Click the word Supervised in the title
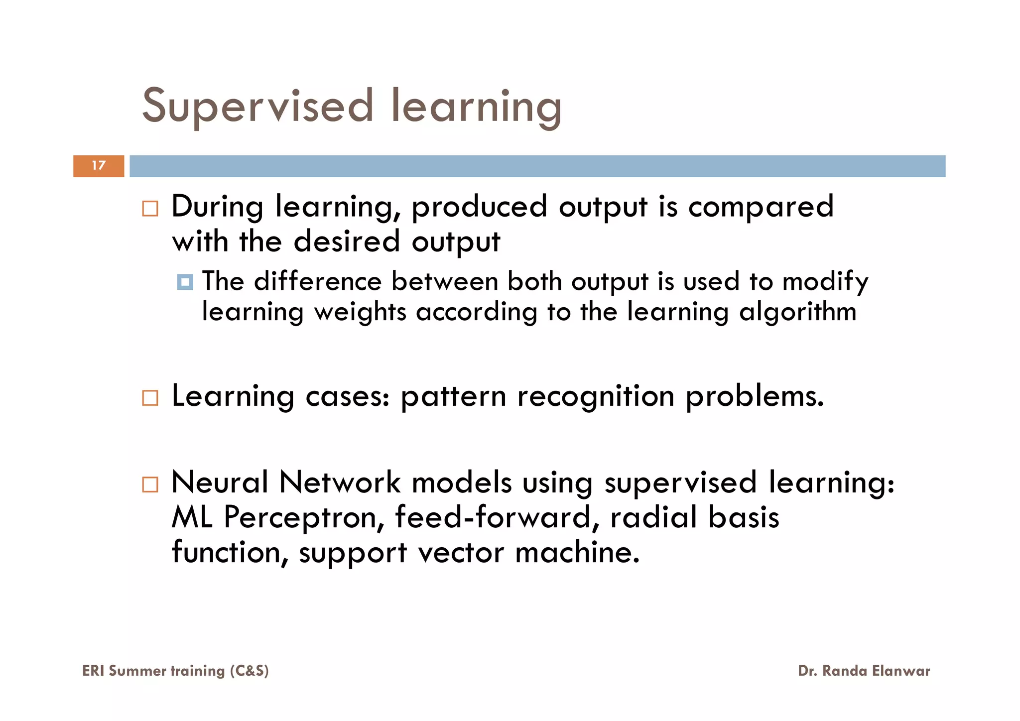257,106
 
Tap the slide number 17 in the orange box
99,166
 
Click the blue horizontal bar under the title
537,166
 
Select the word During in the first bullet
217,207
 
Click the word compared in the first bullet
761,207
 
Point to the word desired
347,241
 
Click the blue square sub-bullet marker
185,282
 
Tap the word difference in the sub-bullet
318,281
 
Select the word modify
825,282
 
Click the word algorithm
797,313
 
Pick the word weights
360,313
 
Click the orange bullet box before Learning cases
150,398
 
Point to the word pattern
453,397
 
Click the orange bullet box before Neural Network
150,484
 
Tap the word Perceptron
304,518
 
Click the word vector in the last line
461,553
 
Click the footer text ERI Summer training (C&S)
175,671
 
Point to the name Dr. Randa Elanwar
864,671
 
